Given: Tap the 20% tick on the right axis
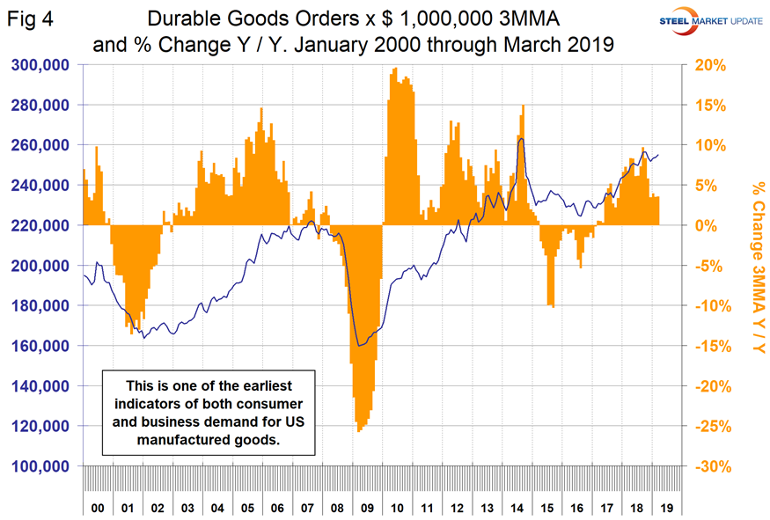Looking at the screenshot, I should pos(711,64).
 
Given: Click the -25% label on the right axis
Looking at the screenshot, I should pos(711,427).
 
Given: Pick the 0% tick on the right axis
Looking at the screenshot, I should pos(711,225).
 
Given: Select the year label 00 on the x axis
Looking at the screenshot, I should pos(97,507).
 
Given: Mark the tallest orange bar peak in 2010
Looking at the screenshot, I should pos(394,70).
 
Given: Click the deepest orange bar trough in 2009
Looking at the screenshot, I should pos(360,430).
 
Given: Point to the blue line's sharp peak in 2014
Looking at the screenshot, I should pos(522,139).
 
